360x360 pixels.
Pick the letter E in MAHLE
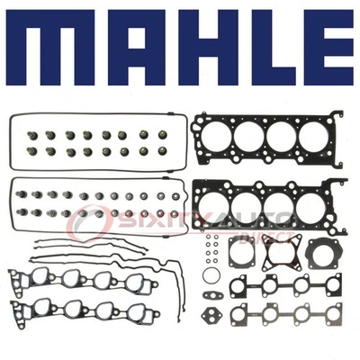319,54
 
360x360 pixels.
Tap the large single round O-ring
209,275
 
